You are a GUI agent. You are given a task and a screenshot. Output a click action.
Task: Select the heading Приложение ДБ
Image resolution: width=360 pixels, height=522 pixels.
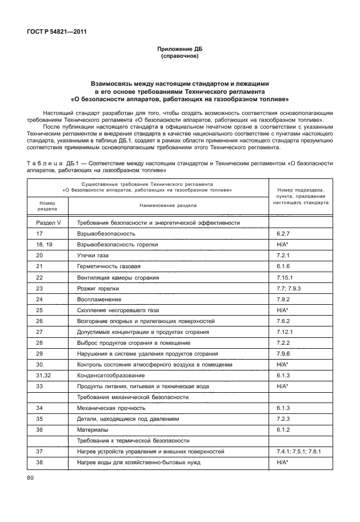(180, 49)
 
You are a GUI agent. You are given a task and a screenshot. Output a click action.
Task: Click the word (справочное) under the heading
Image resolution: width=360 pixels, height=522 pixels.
(180, 57)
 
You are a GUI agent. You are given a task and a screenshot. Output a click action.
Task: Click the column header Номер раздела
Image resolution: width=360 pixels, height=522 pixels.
(47, 205)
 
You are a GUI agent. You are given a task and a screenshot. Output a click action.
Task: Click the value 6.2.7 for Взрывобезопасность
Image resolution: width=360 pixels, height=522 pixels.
(284, 234)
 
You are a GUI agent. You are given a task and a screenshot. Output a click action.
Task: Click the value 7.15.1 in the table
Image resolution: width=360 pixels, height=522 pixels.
(286, 277)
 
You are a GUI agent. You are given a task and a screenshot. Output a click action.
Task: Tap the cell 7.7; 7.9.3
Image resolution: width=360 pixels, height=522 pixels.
(289, 288)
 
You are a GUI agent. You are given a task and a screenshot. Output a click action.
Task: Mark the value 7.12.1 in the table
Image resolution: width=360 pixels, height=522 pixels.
(286, 332)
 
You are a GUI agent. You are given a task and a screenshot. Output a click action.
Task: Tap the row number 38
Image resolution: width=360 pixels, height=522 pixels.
(39, 462)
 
